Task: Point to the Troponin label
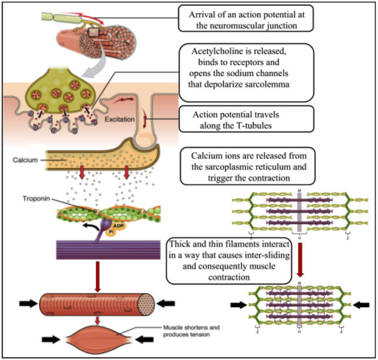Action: (x=35, y=199)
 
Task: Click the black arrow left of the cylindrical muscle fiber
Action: (x=27, y=303)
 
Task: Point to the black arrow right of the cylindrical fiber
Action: (x=167, y=303)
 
